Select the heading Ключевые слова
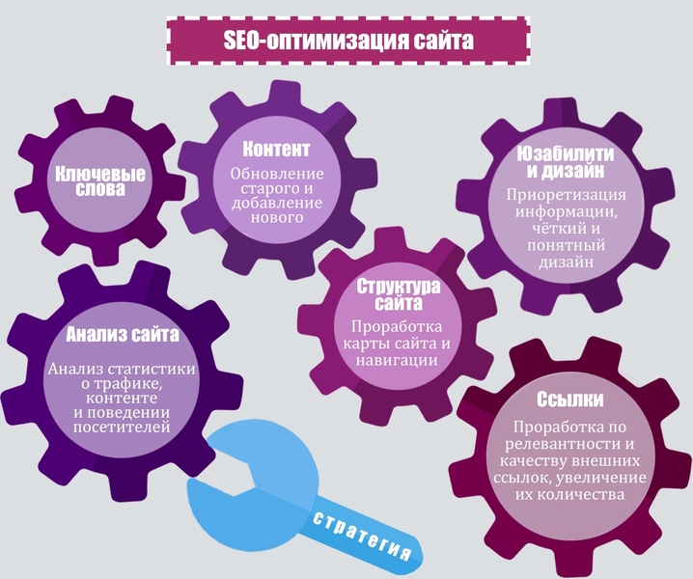(x=100, y=181)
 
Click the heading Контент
(x=276, y=149)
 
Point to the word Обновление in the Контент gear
(x=277, y=174)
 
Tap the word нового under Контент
(x=277, y=217)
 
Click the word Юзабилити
(x=566, y=154)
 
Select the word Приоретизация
(x=567, y=195)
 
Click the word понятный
(x=566, y=245)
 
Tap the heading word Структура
(x=399, y=287)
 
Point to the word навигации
(x=397, y=361)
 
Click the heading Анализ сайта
(x=123, y=335)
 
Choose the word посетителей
(x=122, y=427)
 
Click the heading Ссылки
(x=569, y=400)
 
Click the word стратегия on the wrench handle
(x=362, y=537)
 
